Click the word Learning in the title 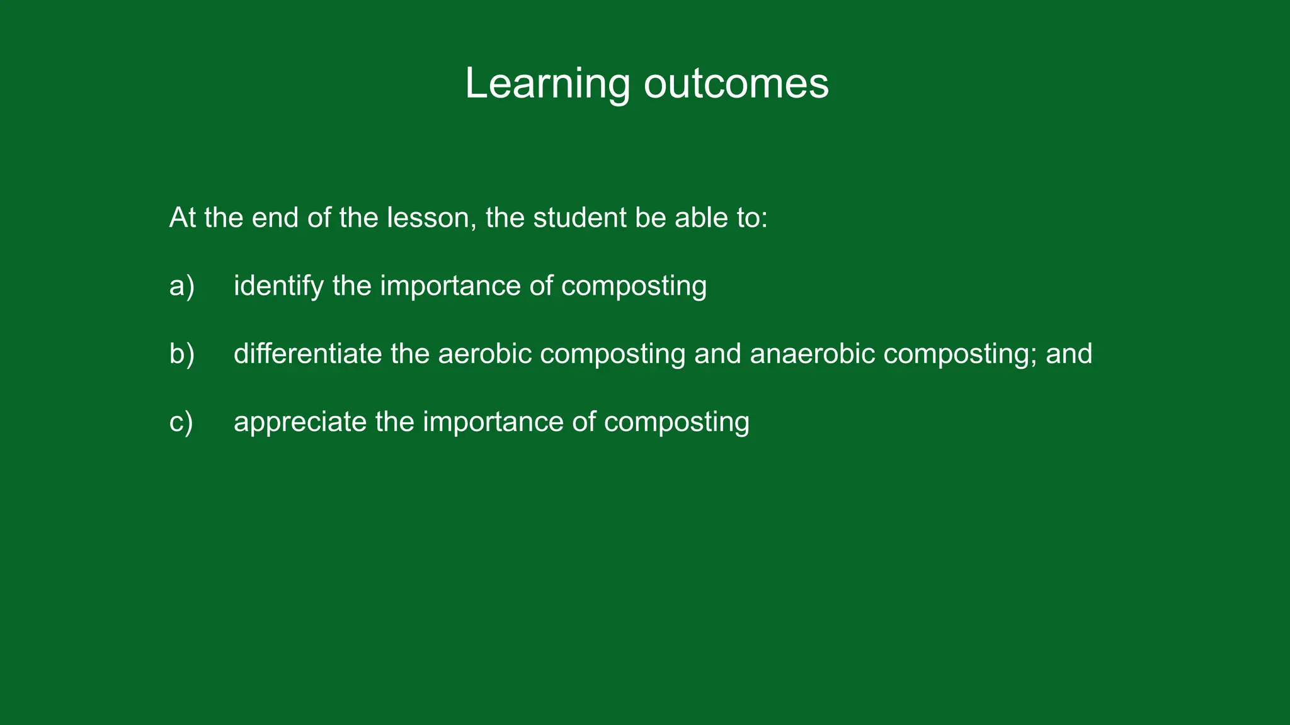coord(547,84)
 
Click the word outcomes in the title coord(736,84)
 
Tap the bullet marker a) coord(182,286)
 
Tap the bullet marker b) coord(182,354)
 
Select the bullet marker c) coord(181,422)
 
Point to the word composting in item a coord(634,286)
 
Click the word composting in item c coord(676,422)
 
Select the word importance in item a coord(450,286)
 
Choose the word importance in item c coord(493,422)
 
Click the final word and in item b coord(1069,354)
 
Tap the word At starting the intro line coord(183,218)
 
